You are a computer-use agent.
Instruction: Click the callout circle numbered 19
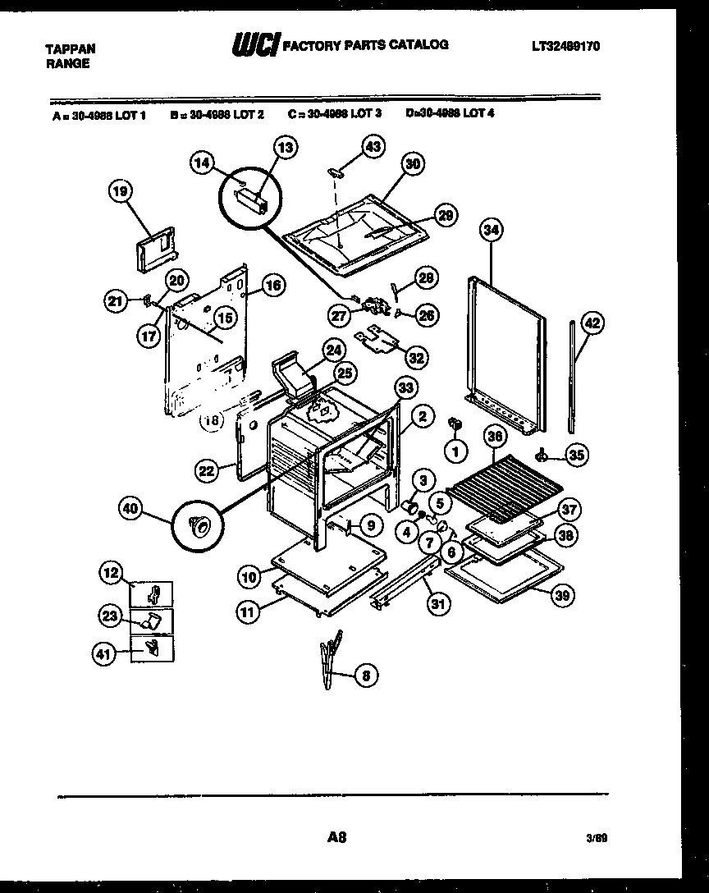click(121, 191)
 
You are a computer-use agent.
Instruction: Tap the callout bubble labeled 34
click(491, 231)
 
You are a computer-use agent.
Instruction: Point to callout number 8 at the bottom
click(365, 676)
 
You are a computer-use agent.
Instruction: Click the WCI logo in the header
click(256, 46)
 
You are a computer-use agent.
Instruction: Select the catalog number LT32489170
click(565, 47)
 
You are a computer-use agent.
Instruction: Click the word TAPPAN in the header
click(69, 49)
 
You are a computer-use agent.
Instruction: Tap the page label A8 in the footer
click(336, 837)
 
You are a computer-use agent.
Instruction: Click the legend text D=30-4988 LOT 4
click(450, 115)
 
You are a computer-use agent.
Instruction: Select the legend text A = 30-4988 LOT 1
click(98, 116)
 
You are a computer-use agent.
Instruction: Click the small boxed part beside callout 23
click(153, 621)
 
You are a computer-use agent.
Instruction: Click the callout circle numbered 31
click(439, 604)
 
